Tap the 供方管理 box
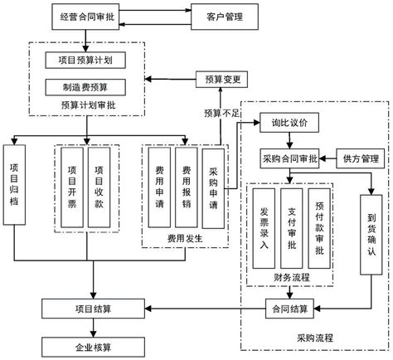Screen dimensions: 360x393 tap(360, 157)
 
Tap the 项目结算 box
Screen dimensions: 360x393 tap(93, 309)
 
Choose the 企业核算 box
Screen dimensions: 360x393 tap(93, 343)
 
